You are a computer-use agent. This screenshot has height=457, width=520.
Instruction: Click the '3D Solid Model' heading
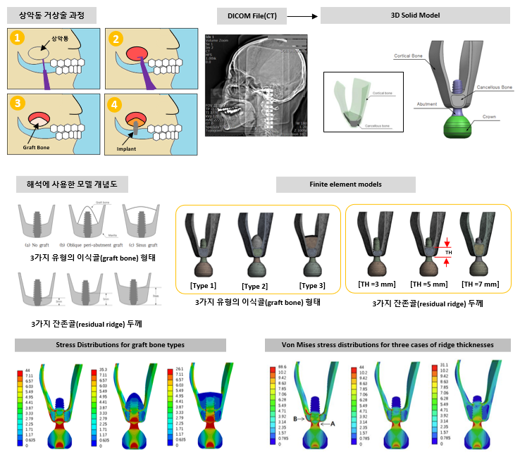(x=415, y=15)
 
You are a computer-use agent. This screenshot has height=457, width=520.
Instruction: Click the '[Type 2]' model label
(x=254, y=286)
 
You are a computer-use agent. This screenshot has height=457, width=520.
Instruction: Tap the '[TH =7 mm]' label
(x=481, y=284)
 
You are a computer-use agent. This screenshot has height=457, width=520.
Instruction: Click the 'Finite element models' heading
(x=345, y=184)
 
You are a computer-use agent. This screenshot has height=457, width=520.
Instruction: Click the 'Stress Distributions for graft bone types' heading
(x=120, y=344)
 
